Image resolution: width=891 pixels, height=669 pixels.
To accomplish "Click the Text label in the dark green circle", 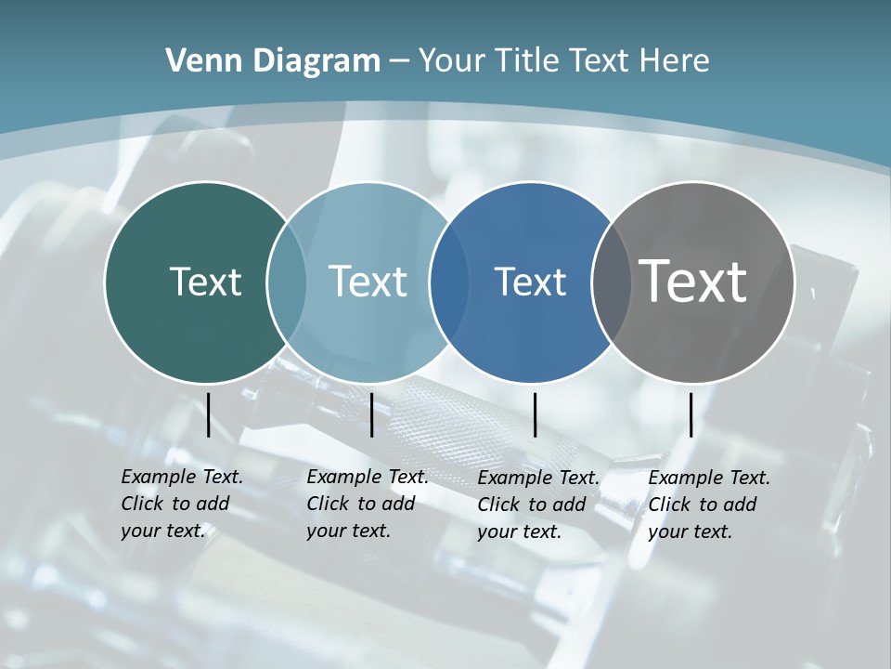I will click(205, 281).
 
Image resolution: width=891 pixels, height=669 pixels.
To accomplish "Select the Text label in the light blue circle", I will click(368, 281).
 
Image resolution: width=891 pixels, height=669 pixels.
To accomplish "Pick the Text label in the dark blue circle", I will click(530, 282).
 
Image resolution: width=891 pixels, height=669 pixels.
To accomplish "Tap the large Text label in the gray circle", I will click(692, 281).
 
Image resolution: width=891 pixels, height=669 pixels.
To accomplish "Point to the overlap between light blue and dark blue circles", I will click(449, 282).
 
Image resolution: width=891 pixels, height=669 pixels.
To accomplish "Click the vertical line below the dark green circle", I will click(208, 414).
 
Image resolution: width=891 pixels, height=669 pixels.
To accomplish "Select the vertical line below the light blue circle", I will click(371, 414).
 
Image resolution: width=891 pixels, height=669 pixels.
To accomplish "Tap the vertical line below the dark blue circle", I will click(535, 414).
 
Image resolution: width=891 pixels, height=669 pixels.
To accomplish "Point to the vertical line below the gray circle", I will click(691, 414).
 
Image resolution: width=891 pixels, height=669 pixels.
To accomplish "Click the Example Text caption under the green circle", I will click(181, 504).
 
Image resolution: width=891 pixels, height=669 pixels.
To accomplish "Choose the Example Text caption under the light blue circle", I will click(367, 504).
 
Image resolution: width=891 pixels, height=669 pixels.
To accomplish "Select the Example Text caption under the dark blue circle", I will click(537, 505).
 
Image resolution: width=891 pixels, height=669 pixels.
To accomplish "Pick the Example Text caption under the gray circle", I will click(708, 505).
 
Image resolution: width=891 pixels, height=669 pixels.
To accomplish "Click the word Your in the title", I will click(453, 60).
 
